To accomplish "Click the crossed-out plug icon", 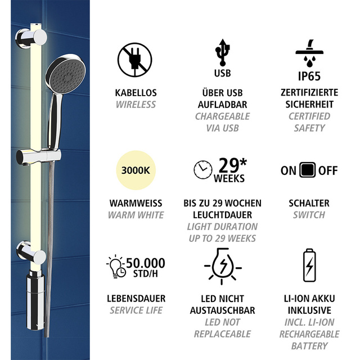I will point(134,59).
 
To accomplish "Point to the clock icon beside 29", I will point(203,169).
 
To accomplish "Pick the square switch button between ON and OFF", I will point(308,170).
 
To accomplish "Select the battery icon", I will point(310,265).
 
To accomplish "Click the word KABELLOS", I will point(136,93).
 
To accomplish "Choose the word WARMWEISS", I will point(136,203).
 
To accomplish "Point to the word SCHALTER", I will point(309,203).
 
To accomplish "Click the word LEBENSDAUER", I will point(136,299).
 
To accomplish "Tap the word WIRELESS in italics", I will point(136,105).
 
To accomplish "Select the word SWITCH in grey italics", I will point(309,215).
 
